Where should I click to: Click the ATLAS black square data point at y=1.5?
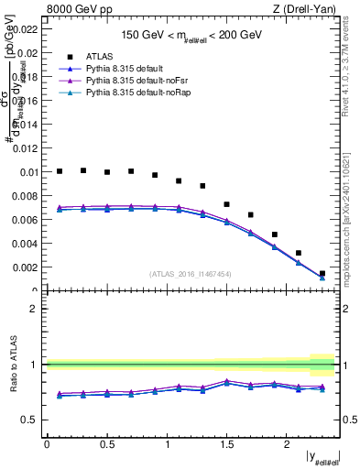226,204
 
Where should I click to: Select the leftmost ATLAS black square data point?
60,171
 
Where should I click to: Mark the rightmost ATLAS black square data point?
322,273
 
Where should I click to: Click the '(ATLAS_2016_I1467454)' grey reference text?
191,274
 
